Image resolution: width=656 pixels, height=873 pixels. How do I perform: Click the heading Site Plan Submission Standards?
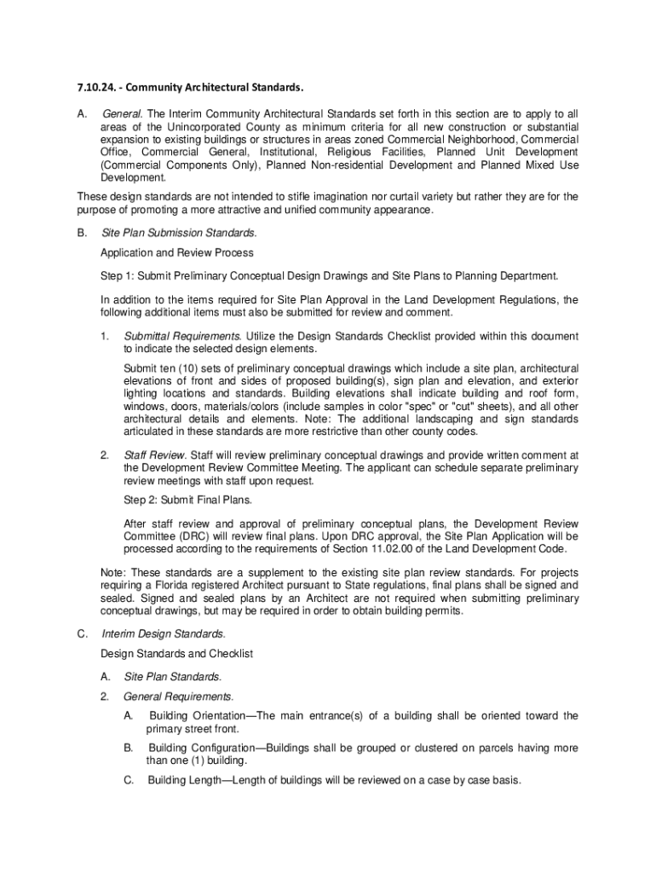tap(179, 232)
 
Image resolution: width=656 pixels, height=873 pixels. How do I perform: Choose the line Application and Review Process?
tap(176, 253)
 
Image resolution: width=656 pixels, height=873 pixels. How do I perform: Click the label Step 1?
tap(117, 275)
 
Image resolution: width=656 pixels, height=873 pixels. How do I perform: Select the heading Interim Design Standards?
tap(164, 633)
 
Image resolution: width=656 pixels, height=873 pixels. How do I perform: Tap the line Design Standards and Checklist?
tap(177, 654)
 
